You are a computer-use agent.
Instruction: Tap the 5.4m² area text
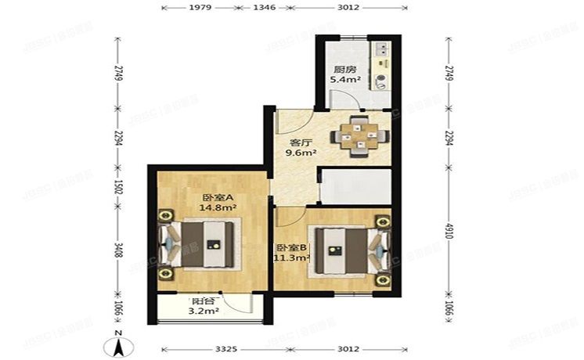click(x=344, y=79)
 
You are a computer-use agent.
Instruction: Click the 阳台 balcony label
click(x=203, y=301)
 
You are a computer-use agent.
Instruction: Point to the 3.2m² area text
click(x=204, y=311)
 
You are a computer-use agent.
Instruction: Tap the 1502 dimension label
click(x=117, y=189)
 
